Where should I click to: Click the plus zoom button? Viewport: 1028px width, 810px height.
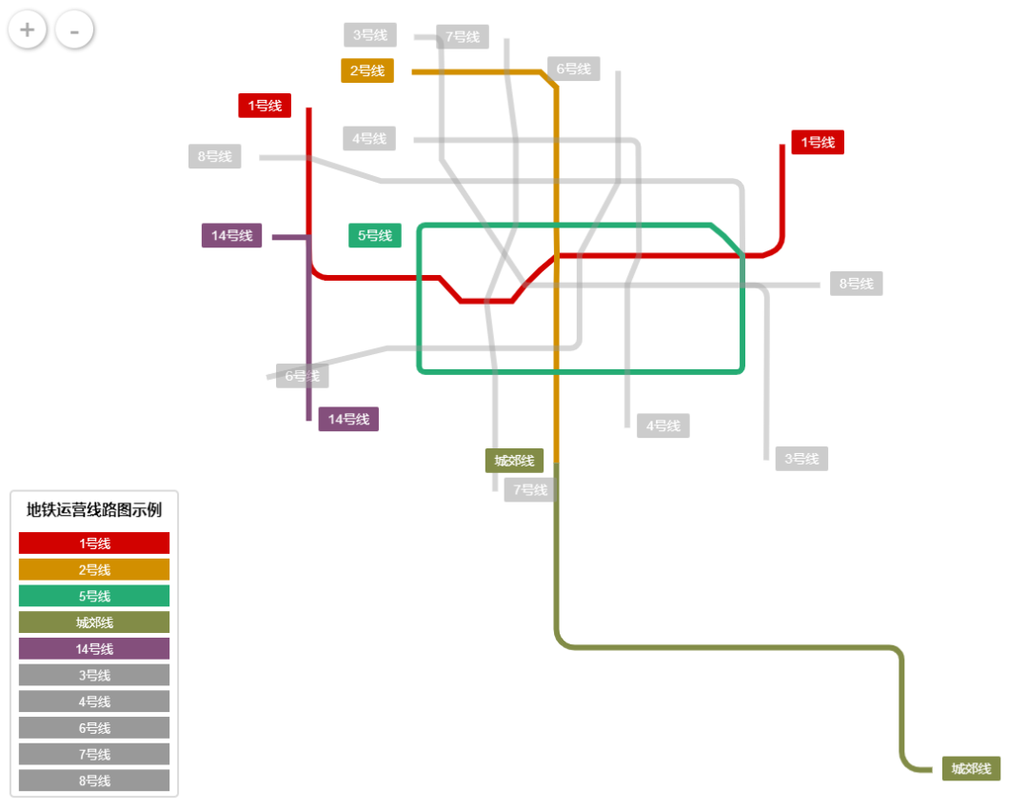[x=28, y=30]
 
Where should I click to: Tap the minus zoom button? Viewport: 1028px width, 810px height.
[x=74, y=30]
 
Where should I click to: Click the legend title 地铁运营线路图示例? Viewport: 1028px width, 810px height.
[x=94, y=510]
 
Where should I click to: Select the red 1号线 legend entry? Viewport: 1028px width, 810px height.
[x=94, y=543]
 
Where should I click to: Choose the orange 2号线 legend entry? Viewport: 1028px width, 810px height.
[x=94, y=570]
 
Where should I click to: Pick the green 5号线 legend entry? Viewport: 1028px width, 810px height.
[x=94, y=596]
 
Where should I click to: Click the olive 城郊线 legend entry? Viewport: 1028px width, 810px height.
[x=94, y=622]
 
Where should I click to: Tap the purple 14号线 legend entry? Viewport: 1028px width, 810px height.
[x=94, y=649]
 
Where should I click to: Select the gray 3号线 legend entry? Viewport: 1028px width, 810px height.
[x=94, y=675]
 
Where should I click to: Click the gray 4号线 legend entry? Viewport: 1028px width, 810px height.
[x=94, y=701]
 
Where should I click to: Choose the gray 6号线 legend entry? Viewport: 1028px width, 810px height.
[x=94, y=728]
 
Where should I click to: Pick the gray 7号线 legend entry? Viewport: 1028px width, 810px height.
[x=94, y=754]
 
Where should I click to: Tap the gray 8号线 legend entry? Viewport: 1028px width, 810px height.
[x=94, y=780]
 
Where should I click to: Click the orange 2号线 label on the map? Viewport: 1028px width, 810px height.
[x=367, y=70]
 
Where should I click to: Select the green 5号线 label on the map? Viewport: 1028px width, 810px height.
[x=375, y=235]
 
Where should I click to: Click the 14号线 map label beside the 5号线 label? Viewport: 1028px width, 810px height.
[x=231, y=235]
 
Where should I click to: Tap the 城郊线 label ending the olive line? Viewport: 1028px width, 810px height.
[x=971, y=769]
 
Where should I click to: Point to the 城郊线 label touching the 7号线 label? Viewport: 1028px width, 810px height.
[x=514, y=461]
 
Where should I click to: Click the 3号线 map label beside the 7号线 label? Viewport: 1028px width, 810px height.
[x=370, y=35]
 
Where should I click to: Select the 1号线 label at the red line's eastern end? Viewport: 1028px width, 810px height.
[x=818, y=142]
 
